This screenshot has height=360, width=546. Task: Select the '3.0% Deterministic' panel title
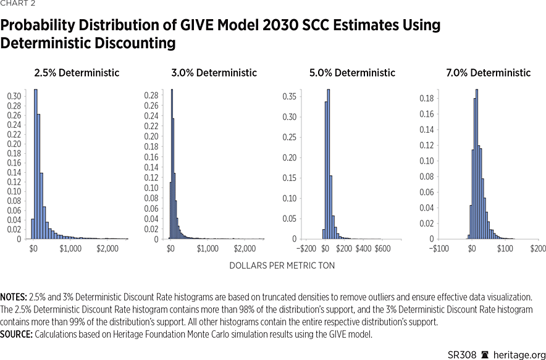tap(214, 73)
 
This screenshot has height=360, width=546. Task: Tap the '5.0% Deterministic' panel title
tap(352, 73)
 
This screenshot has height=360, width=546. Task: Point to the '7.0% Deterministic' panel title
tap(488, 73)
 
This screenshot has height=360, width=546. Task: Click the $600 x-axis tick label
tap(383, 248)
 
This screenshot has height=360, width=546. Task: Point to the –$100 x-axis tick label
tap(439, 248)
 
